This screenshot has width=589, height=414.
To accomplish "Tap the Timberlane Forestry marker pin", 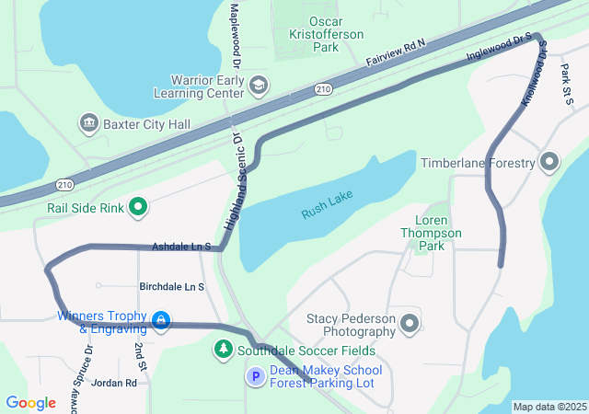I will tap(550, 163).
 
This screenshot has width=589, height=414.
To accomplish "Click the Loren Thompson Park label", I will tap(438, 234).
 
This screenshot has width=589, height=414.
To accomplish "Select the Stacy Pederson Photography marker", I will tap(410, 324).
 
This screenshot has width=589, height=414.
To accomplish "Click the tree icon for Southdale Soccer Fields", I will tap(223, 350).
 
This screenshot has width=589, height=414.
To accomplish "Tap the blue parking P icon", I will tap(256, 375).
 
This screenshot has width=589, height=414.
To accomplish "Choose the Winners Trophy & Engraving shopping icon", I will tap(162, 320).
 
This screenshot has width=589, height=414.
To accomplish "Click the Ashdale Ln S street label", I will tap(181, 247).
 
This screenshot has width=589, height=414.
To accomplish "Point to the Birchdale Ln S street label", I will tap(171, 287).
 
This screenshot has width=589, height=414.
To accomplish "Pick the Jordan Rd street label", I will tap(114, 383).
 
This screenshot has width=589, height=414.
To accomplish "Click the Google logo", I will tap(30, 403).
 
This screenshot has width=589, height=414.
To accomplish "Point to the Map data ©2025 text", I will tap(549, 407).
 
